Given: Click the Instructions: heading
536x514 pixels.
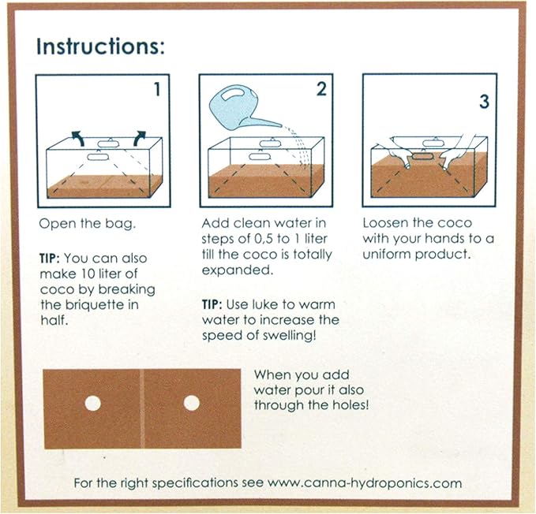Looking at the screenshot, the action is [x=100, y=47].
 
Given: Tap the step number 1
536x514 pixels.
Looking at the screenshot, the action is [x=157, y=89].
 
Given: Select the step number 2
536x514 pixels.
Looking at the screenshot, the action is [x=321, y=89].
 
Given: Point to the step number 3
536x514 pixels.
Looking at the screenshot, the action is [x=484, y=102].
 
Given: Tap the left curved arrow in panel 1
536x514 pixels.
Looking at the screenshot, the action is [x=78, y=137].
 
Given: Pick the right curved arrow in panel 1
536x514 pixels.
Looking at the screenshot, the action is [x=140, y=137].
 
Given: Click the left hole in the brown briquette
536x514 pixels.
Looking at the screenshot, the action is [x=92, y=403].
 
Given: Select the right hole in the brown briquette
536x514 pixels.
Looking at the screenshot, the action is [x=191, y=403].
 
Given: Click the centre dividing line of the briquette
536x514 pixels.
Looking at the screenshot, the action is [x=142, y=408].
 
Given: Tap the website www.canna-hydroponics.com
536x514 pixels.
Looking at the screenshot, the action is [x=365, y=483].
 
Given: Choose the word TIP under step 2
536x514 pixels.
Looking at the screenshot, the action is [x=212, y=304].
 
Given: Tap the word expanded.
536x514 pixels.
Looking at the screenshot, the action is [x=238, y=270].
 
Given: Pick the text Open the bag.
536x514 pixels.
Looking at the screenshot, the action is [x=88, y=224].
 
